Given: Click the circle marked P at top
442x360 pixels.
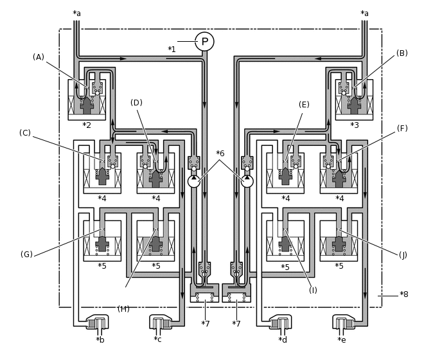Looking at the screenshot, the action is click(x=205, y=42).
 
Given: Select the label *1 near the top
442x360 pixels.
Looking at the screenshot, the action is click(x=172, y=50).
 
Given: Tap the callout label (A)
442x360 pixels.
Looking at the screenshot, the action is click(x=39, y=57).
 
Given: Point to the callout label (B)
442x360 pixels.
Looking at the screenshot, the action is click(x=402, y=53).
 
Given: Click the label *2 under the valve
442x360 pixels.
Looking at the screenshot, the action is click(x=87, y=125).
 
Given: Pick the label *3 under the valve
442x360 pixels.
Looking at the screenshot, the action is click(x=355, y=125).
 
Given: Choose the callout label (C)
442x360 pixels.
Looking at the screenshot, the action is click(x=25, y=133).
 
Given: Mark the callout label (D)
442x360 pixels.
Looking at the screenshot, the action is click(x=136, y=103).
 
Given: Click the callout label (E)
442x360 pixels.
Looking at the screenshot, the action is click(x=304, y=105).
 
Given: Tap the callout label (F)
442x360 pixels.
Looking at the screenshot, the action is click(x=402, y=129).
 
